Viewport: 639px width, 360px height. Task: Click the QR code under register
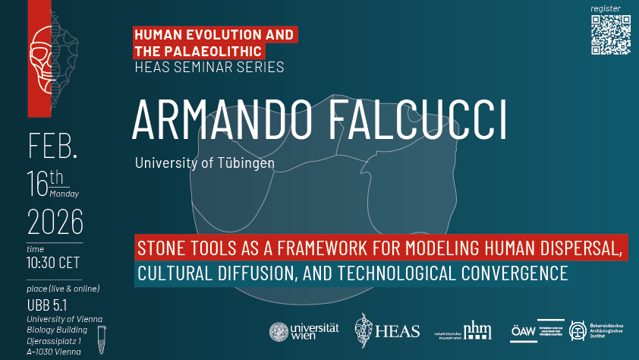pyautogui.click(x=610, y=35)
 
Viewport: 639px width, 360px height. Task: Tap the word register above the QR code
pyautogui.click(x=606, y=8)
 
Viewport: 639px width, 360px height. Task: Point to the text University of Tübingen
pyautogui.click(x=204, y=163)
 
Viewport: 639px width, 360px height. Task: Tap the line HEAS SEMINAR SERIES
pyautogui.click(x=209, y=68)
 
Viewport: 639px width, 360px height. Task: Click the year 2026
pyautogui.click(x=55, y=223)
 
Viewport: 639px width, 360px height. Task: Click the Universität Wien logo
pyautogui.click(x=304, y=332)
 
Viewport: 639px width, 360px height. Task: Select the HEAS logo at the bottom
pyautogui.click(x=387, y=330)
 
